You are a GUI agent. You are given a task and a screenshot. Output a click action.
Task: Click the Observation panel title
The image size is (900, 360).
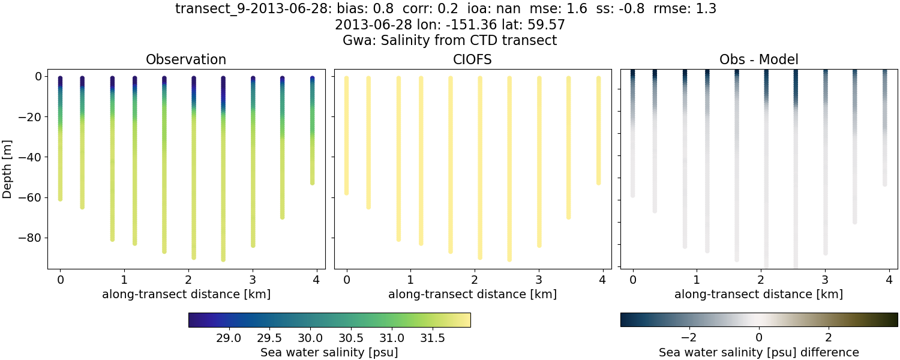186,60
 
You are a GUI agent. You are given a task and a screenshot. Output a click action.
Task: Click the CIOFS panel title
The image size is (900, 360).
472,60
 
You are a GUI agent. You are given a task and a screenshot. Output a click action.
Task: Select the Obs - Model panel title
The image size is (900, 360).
758,60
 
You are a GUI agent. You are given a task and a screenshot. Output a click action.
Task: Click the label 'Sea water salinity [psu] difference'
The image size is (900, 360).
758,352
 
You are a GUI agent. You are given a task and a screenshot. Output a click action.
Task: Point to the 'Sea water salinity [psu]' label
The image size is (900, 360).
329,352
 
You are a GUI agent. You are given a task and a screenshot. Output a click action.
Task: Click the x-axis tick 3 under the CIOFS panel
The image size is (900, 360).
539,280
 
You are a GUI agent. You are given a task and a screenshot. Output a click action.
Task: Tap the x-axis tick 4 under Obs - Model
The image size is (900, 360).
889,280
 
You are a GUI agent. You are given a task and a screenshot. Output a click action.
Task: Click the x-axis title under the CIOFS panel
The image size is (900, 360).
472,294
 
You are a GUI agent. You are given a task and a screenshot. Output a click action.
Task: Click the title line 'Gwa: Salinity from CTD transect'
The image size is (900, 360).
449,41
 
